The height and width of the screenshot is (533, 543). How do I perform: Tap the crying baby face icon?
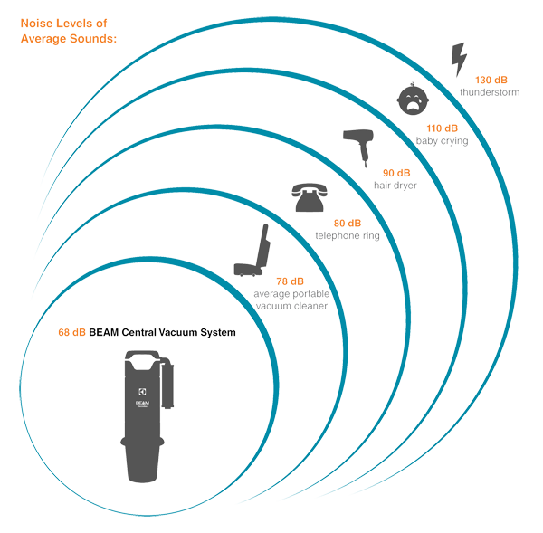click(414, 96)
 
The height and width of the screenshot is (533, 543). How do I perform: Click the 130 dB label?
click(490, 80)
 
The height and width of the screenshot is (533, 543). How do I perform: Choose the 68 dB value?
click(71, 332)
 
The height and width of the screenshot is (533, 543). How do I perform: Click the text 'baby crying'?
click(443, 141)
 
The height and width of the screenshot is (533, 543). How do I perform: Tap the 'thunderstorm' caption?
click(490, 92)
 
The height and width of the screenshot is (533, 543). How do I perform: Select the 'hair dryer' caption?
click(394, 185)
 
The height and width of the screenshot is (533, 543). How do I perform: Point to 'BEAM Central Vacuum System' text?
click(163, 332)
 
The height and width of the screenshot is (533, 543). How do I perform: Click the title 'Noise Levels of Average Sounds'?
click(69, 27)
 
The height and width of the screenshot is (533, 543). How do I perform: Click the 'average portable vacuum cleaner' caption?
click(290, 301)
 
